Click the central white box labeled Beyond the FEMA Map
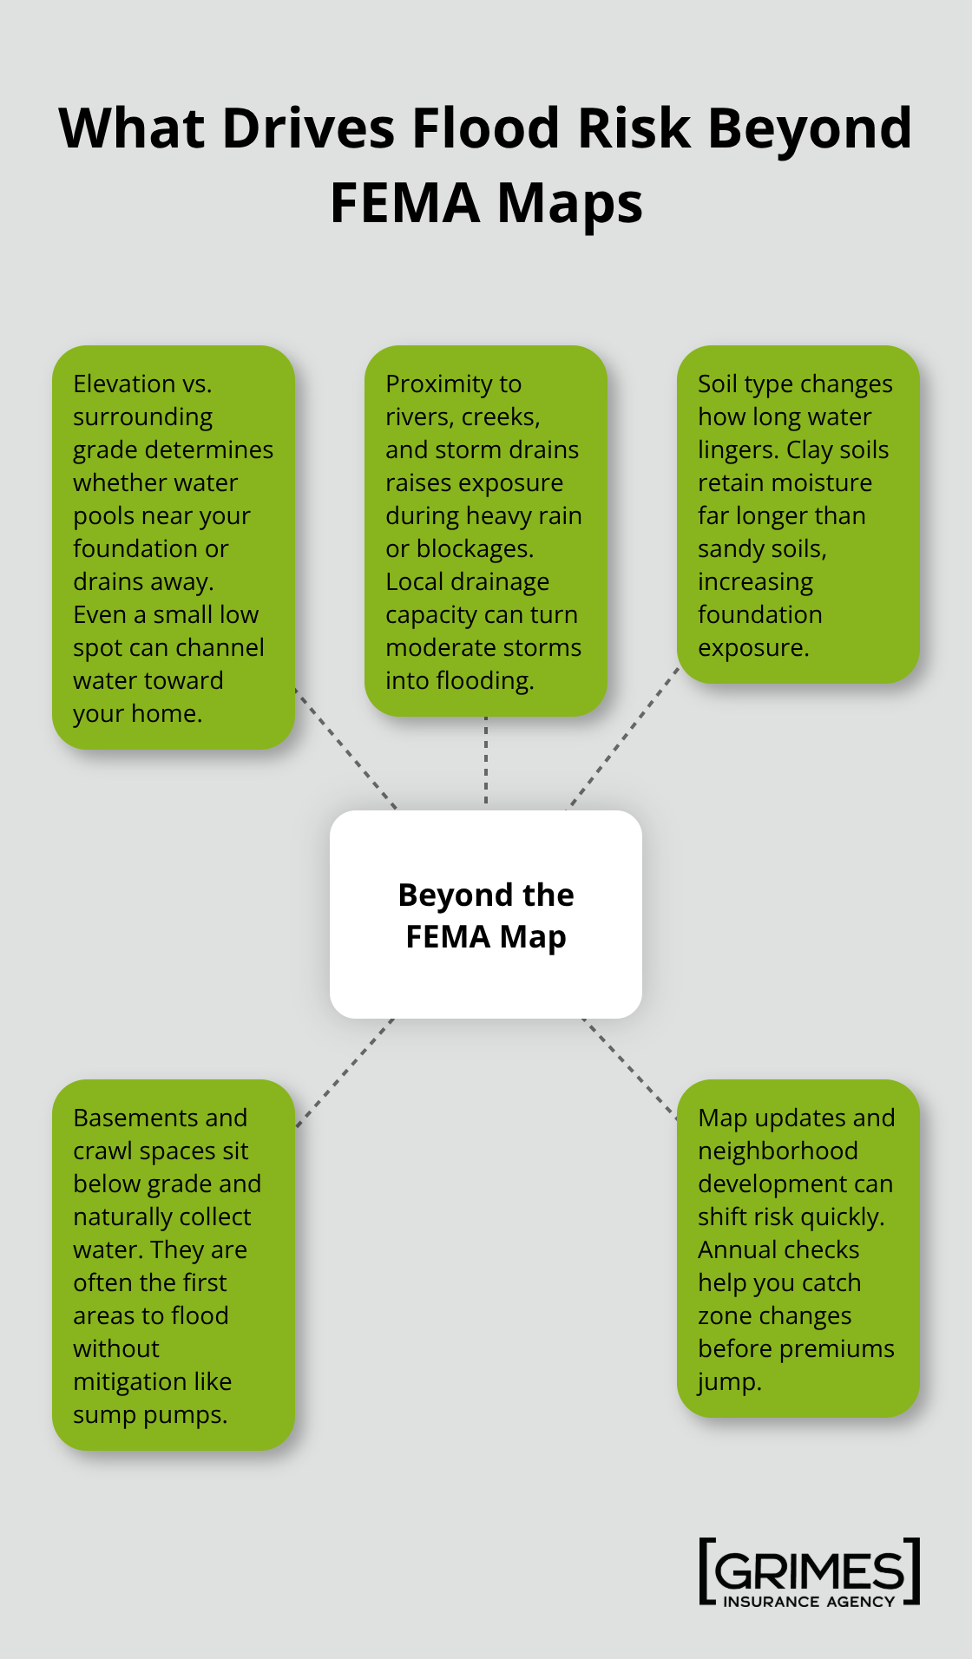tap(486, 915)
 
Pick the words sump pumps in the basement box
tap(149, 1414)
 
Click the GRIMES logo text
tap(809, 1570)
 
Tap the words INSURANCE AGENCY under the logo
tap(808, 1602)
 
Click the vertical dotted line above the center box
tap(486, 762)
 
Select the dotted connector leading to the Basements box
tap(345, 1072)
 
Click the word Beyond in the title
tap(809, 128)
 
